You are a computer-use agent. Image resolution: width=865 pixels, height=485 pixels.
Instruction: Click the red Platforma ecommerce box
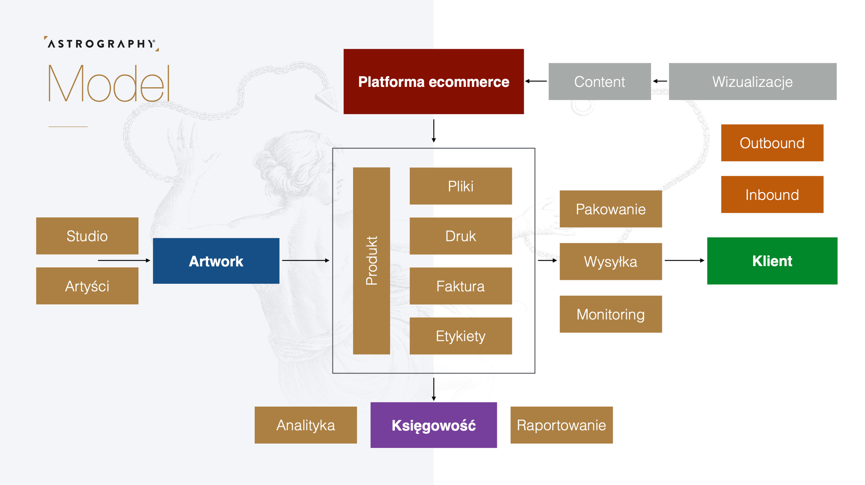tap(433, 82)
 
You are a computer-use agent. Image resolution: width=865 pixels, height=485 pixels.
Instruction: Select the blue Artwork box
tap(216, 261)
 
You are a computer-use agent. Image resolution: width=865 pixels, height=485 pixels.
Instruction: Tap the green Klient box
tap(772, 261)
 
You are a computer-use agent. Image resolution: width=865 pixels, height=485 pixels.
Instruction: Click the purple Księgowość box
tap(433, 425)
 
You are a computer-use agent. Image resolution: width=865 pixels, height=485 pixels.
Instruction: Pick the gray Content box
tap(599, 82)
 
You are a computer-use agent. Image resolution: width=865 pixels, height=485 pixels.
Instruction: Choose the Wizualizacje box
tap(753, 82)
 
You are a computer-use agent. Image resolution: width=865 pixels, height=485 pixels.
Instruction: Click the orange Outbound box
tap(772, 143)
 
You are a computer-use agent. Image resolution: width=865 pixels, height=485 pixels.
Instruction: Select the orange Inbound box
tap(772, 194)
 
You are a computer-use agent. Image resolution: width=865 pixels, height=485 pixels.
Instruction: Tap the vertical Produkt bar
tap(372, 261)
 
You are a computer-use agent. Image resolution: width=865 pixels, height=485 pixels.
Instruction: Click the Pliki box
tap(461, 186)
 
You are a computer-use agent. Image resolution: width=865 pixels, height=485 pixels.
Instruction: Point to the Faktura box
tap(461, 286)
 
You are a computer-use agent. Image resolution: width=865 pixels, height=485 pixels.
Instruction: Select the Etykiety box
tap(461, 336)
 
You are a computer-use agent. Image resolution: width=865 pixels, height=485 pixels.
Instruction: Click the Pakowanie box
tap(611, 209)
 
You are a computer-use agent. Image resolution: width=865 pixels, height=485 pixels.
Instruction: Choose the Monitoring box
tap(611, 314)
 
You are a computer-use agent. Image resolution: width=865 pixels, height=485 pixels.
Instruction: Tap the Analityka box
tap(306, 425)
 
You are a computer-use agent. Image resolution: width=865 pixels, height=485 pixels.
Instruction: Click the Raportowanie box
tap(561, 425)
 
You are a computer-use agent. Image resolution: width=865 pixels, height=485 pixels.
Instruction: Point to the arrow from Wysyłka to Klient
tap(685, 260)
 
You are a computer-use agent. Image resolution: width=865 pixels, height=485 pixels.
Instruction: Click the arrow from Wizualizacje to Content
tap(660, 81)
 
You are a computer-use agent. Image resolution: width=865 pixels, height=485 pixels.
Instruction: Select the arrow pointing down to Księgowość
tap(434, 389)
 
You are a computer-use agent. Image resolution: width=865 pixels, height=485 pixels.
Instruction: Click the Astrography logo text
tap(102, 44)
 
